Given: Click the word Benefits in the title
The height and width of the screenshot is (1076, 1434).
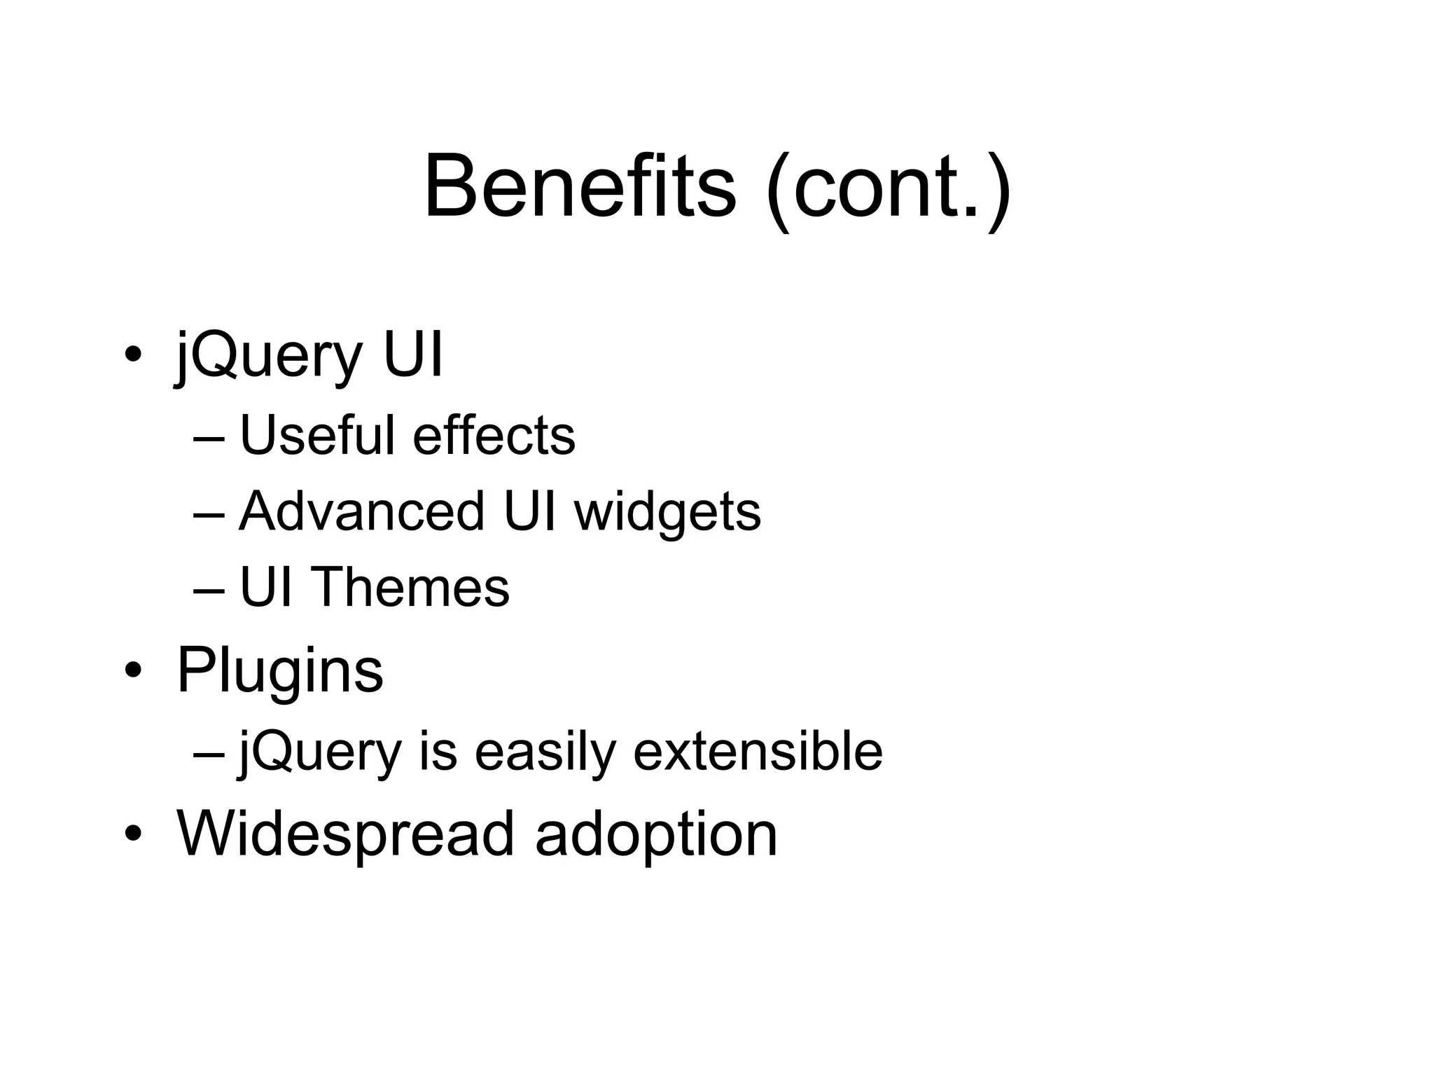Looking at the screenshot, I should click(580, 187).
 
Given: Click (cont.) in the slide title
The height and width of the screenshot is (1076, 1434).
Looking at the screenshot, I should click(888, 189).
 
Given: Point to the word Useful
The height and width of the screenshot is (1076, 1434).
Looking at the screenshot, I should click(317, 435).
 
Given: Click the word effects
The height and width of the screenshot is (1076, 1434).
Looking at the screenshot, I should click(494, 435).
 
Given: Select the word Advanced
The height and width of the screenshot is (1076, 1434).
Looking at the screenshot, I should click(361, 511).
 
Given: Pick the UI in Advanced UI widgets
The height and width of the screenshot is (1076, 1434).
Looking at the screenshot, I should click(529, 511).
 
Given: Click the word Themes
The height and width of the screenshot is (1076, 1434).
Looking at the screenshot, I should click(410, 587).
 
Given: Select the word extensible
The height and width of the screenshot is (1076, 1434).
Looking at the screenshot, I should click(758, 751).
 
